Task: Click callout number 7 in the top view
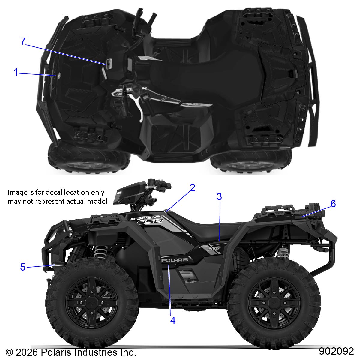(x=23, y=41)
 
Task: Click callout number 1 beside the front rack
(x=16, y=72)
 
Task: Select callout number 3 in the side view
(x=219, y=197)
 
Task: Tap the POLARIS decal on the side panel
(x=175, y=260)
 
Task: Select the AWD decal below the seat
(x=214, y=248)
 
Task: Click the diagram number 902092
(x=336, y=351)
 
